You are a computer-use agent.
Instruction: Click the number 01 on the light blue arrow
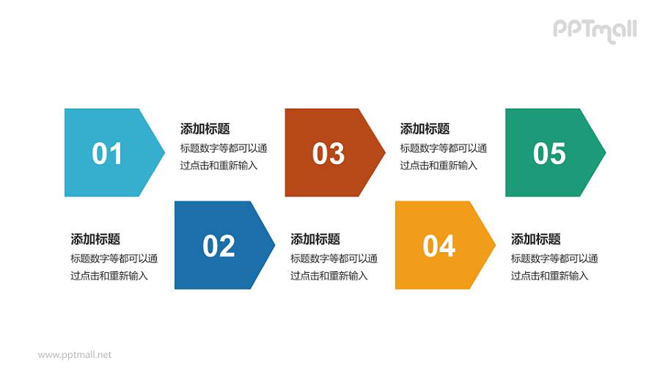[x=107, y=154]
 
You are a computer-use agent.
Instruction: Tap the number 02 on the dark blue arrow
[x=219, y=246]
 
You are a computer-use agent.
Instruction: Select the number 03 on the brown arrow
[x=328, y=154]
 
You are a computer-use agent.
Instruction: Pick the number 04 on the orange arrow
[x=439, y=246]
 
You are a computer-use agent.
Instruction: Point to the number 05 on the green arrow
[x=549, y=154]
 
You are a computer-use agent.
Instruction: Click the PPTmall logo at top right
[x=594, y=30]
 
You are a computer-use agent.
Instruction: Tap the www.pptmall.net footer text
[x=75, y=355]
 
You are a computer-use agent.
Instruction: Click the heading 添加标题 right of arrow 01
[x=205, y=129]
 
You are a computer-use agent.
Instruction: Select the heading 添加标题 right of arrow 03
[x=425, y=129]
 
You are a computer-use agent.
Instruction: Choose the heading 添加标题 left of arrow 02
[x=95, y=239]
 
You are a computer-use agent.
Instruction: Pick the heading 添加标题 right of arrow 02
[x=315, y=239]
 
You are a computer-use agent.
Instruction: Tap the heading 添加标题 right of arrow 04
[x=535, y=239]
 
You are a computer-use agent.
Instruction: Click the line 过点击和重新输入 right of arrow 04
[x=549, y=276]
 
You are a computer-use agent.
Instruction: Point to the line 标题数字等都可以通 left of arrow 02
[x=114, y=258]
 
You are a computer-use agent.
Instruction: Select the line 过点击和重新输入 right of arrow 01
[x=219, y=166]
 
